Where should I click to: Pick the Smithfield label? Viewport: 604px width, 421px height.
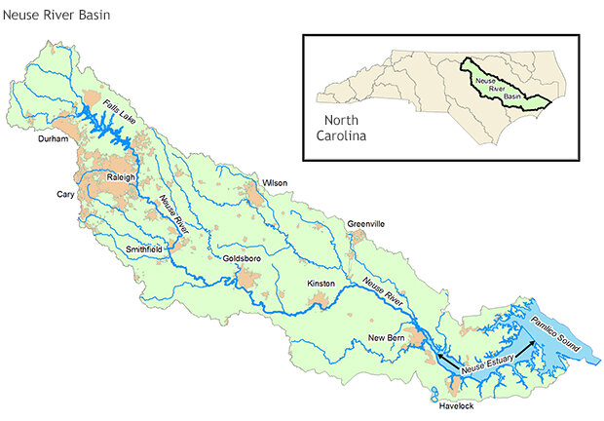click(146, 249)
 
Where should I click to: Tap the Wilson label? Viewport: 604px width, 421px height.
click(275, 182)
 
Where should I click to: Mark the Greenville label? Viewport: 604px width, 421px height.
click(366, 224)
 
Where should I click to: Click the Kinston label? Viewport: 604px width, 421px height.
click(321, 284)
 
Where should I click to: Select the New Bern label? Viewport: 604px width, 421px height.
click(387, 337)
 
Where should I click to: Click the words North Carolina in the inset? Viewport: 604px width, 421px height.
click(341, 128)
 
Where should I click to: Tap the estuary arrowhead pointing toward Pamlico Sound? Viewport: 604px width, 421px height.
click(530, 342)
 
